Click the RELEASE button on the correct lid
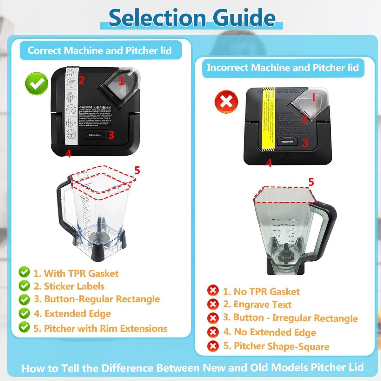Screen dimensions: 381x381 pyautogui.click(x=95, y=135)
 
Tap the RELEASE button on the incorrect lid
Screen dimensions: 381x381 pyautogui.click(x=287, y=142)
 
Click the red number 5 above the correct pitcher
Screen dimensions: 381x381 pyautogui.click(x=137, y=170)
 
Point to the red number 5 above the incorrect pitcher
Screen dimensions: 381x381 pyautogui.click(x=311, y=182)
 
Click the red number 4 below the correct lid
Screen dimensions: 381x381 pyautogui.click(x=68, y=154)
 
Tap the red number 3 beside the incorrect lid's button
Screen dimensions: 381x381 pyautogui.click(x=305, y=143)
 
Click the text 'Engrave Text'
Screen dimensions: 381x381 pyautogui.click(x=262, y=304)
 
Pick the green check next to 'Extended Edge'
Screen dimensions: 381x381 pyautogui.click(x=24, y=313)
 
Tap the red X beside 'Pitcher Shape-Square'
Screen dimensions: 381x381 pyautogui.click(x=213, y=346)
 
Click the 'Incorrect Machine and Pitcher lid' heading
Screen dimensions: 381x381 pyautogui.click(x=283, y=67)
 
